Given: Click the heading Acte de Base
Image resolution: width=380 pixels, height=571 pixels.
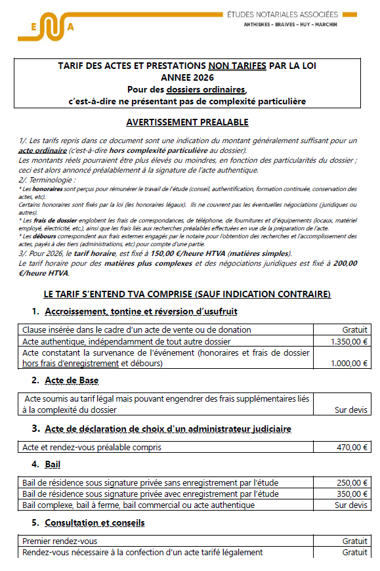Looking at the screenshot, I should point(72,381).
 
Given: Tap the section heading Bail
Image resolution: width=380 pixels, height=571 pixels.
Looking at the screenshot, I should point(53,464).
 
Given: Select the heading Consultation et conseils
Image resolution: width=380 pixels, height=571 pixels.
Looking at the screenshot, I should point(95,522).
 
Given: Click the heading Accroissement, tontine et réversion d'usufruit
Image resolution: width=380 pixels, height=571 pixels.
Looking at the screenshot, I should point(140,311).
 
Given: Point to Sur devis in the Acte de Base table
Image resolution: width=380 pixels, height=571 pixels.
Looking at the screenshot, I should point(352,410).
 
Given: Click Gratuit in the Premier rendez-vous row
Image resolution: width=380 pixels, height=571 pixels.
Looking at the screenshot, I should point(355,541).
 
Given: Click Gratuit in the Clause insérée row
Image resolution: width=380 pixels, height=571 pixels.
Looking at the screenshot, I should point(355,330).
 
